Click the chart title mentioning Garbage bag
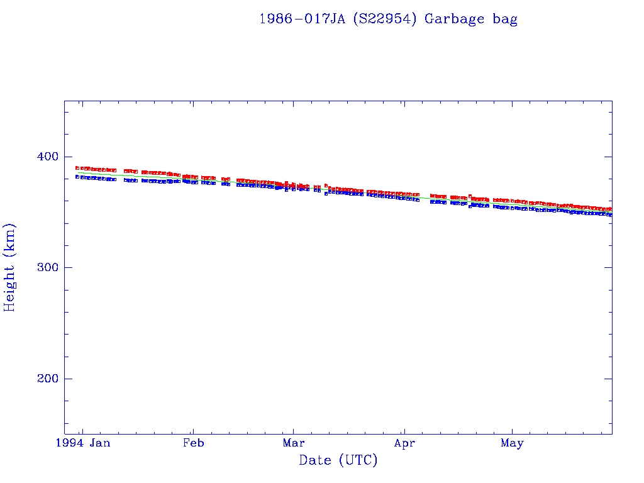coord(388,19)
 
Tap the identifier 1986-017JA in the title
coord(301,19)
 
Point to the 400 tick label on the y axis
coord(43,157)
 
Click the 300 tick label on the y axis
coord(43,267)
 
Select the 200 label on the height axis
coord(43,379)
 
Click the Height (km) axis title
coord(9,267)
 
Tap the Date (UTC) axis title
coord(338,460)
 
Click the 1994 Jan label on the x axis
coord(82,443)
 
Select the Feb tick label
coord(193,443)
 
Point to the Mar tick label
coord(294,443)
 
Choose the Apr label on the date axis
coord(404,443)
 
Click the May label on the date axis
coord(512,443)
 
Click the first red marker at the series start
coord(77,168)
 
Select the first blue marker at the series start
coord(77,177)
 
